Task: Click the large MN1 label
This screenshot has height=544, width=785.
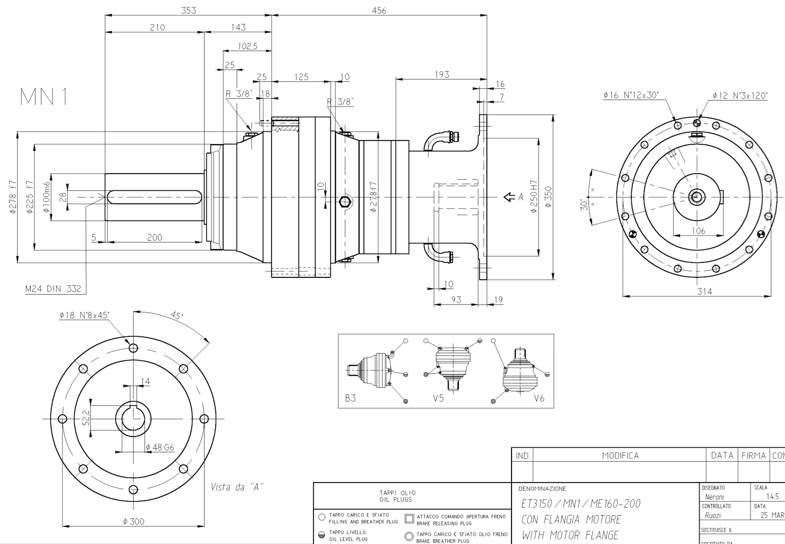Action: pos(44,97)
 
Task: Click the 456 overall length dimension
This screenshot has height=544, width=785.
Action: pos(379,10)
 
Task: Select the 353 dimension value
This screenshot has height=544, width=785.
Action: pos(188,10)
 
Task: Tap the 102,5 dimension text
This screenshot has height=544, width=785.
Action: pos(247,46)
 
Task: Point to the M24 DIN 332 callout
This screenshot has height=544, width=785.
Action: pos(53,289)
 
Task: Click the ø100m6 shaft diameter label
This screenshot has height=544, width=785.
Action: pos(46,197)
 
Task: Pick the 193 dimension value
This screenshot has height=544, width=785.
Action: pos(441,74)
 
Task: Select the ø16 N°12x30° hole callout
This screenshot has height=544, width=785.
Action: pos(631,95)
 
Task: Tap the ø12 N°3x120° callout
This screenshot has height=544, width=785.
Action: pos(740,95)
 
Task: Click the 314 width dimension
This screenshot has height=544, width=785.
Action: pos(704,291)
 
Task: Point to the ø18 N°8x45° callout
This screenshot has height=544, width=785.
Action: pos(84,315)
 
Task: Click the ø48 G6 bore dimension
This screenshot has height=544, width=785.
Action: pos(160,447)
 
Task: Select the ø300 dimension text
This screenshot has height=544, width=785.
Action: pos(134,522)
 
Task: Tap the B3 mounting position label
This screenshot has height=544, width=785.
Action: pos(350,398)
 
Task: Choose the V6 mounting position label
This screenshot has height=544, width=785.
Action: pos(539,398)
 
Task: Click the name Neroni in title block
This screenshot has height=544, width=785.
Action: pos(715,497)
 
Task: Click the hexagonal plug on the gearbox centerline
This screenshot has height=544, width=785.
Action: pos(345,201)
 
